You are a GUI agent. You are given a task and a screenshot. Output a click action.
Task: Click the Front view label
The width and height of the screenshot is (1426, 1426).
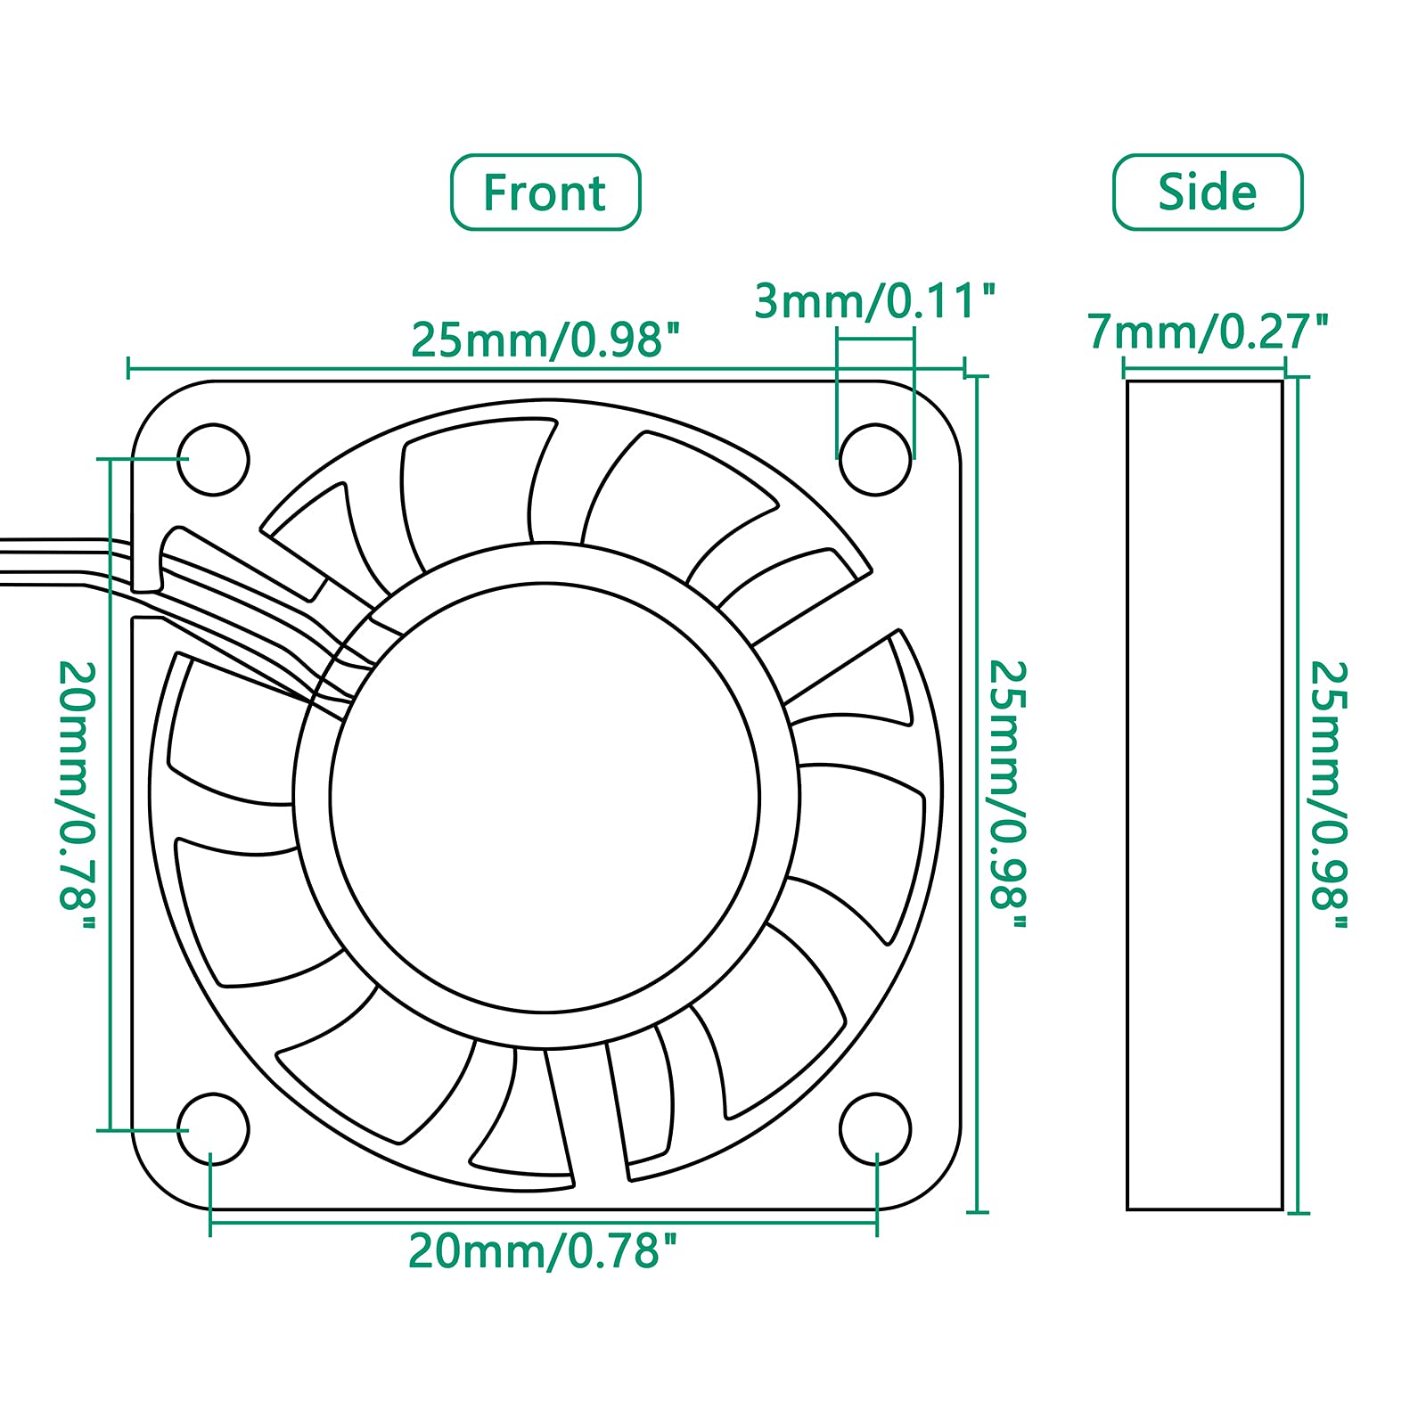pyautogui.click(x=545, y=193)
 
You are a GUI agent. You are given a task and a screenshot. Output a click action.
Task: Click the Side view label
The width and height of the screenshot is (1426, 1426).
pyautogui.click(x=1208, y=193)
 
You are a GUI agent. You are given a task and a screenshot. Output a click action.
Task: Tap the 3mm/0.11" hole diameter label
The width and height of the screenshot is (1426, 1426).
pyautogui.click(x=873, y=301)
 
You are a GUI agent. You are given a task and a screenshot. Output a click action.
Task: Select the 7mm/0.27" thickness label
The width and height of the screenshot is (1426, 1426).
pyautogui.click(x=1208, y=332)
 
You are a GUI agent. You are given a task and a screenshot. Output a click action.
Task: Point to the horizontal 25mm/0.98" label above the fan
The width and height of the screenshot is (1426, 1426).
pyautogui.click(x=545, y=340)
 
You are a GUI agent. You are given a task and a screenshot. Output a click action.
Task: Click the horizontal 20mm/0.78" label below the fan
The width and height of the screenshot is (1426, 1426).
pyautogui.click(x=543, y=1251)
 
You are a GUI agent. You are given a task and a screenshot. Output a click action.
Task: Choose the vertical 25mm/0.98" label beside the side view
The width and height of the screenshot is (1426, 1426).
pyautogui.click(x=1329, y=794)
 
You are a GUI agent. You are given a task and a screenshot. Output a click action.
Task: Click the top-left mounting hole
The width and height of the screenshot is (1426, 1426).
pyautogui.click(x=212, y=459)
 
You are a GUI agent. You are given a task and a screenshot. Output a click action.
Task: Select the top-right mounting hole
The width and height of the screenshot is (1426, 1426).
pyautogui.click(x=875, y=459)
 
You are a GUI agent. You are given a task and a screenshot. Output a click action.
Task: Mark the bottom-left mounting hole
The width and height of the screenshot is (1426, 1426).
pyautogui.click(x=212, y=1128)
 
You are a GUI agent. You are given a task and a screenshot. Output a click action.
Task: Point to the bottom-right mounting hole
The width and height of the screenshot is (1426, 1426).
pyautogui.click(x=875, y=1128)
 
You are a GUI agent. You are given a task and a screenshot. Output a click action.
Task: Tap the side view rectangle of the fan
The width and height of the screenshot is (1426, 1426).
pyautogui.click(x=1204, y=794)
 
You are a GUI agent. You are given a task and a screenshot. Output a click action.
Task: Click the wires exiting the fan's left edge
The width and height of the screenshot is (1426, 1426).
pyautogui.click(x=53, y=561)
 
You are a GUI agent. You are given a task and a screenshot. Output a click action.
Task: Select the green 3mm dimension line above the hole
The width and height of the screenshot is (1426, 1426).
pyautogui.click(x=875, y=339)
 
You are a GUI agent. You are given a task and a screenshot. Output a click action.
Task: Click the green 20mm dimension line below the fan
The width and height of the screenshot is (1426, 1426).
pyautogui.click(x=543, y=1222)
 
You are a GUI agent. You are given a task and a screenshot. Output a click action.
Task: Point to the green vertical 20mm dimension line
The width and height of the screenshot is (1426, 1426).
pyautogui.click(x=110, y=794)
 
